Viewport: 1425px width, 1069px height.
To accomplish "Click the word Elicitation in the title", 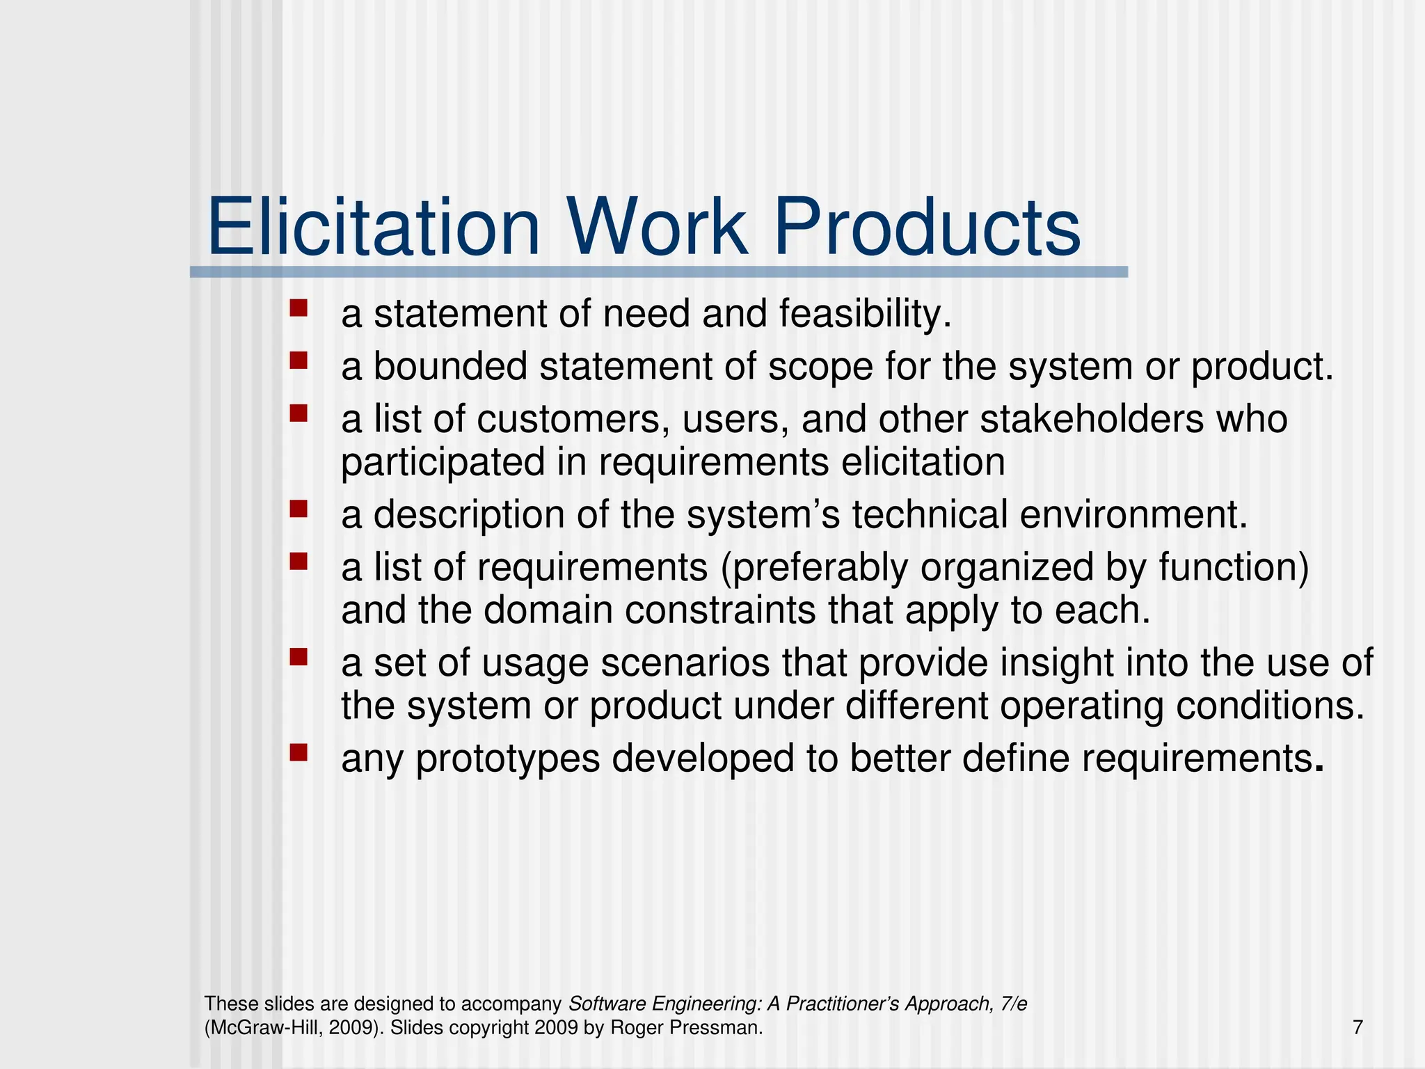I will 374,228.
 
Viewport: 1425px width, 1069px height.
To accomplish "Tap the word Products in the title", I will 927,228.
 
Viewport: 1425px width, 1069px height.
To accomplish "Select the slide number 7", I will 1358,1027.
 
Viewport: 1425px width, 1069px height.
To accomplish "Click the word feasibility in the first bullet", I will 864,314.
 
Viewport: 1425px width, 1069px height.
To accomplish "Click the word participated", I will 443,463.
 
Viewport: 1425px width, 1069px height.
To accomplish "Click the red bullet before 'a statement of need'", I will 298,308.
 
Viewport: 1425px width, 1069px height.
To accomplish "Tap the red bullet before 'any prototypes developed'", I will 298,752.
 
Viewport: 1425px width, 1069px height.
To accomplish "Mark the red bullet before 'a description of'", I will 298,509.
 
